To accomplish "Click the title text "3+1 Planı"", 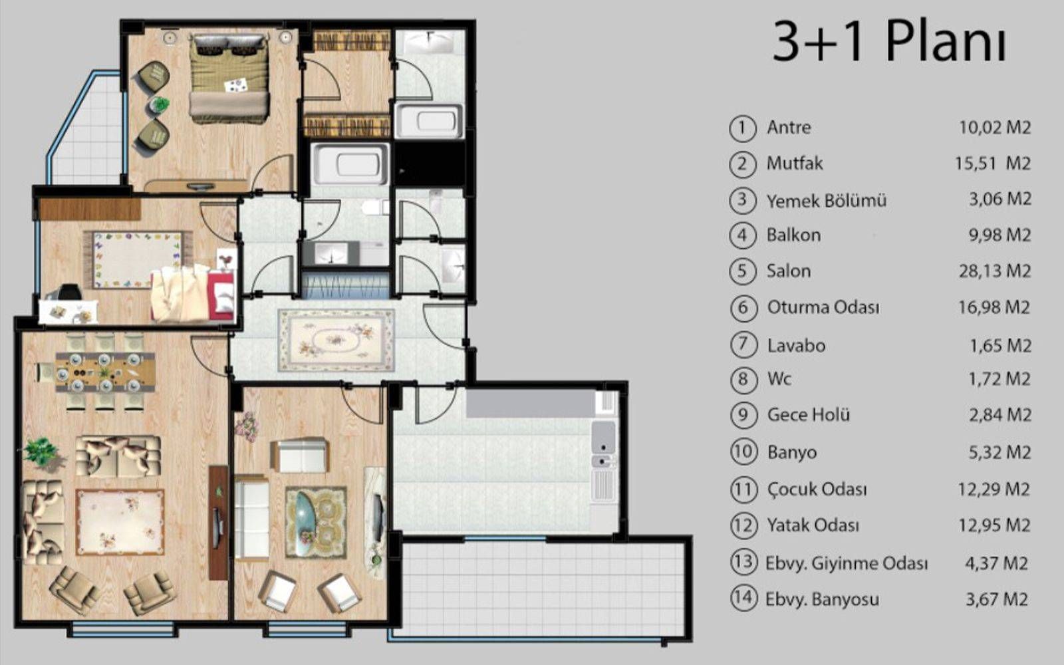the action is coord(889,42).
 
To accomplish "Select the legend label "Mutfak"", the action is coord(795,164).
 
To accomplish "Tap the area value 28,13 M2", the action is coord(995,271).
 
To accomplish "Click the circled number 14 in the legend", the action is coord(743,598).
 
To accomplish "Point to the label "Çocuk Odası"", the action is coord(817,489).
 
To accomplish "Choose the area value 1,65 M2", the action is coord(1000,345).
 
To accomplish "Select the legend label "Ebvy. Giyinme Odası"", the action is coord(847,563).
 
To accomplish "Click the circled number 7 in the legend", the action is coord(743,345).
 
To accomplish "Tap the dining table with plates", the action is coord(105,372).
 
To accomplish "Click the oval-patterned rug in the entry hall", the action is coord(336,340).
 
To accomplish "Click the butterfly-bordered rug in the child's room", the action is coord(137,260).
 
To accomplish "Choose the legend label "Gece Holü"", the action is coord(809,415).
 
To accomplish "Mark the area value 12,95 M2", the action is coord(994,525).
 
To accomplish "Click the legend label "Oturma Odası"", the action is coord(823,307).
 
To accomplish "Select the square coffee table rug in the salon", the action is coord(120,522).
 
